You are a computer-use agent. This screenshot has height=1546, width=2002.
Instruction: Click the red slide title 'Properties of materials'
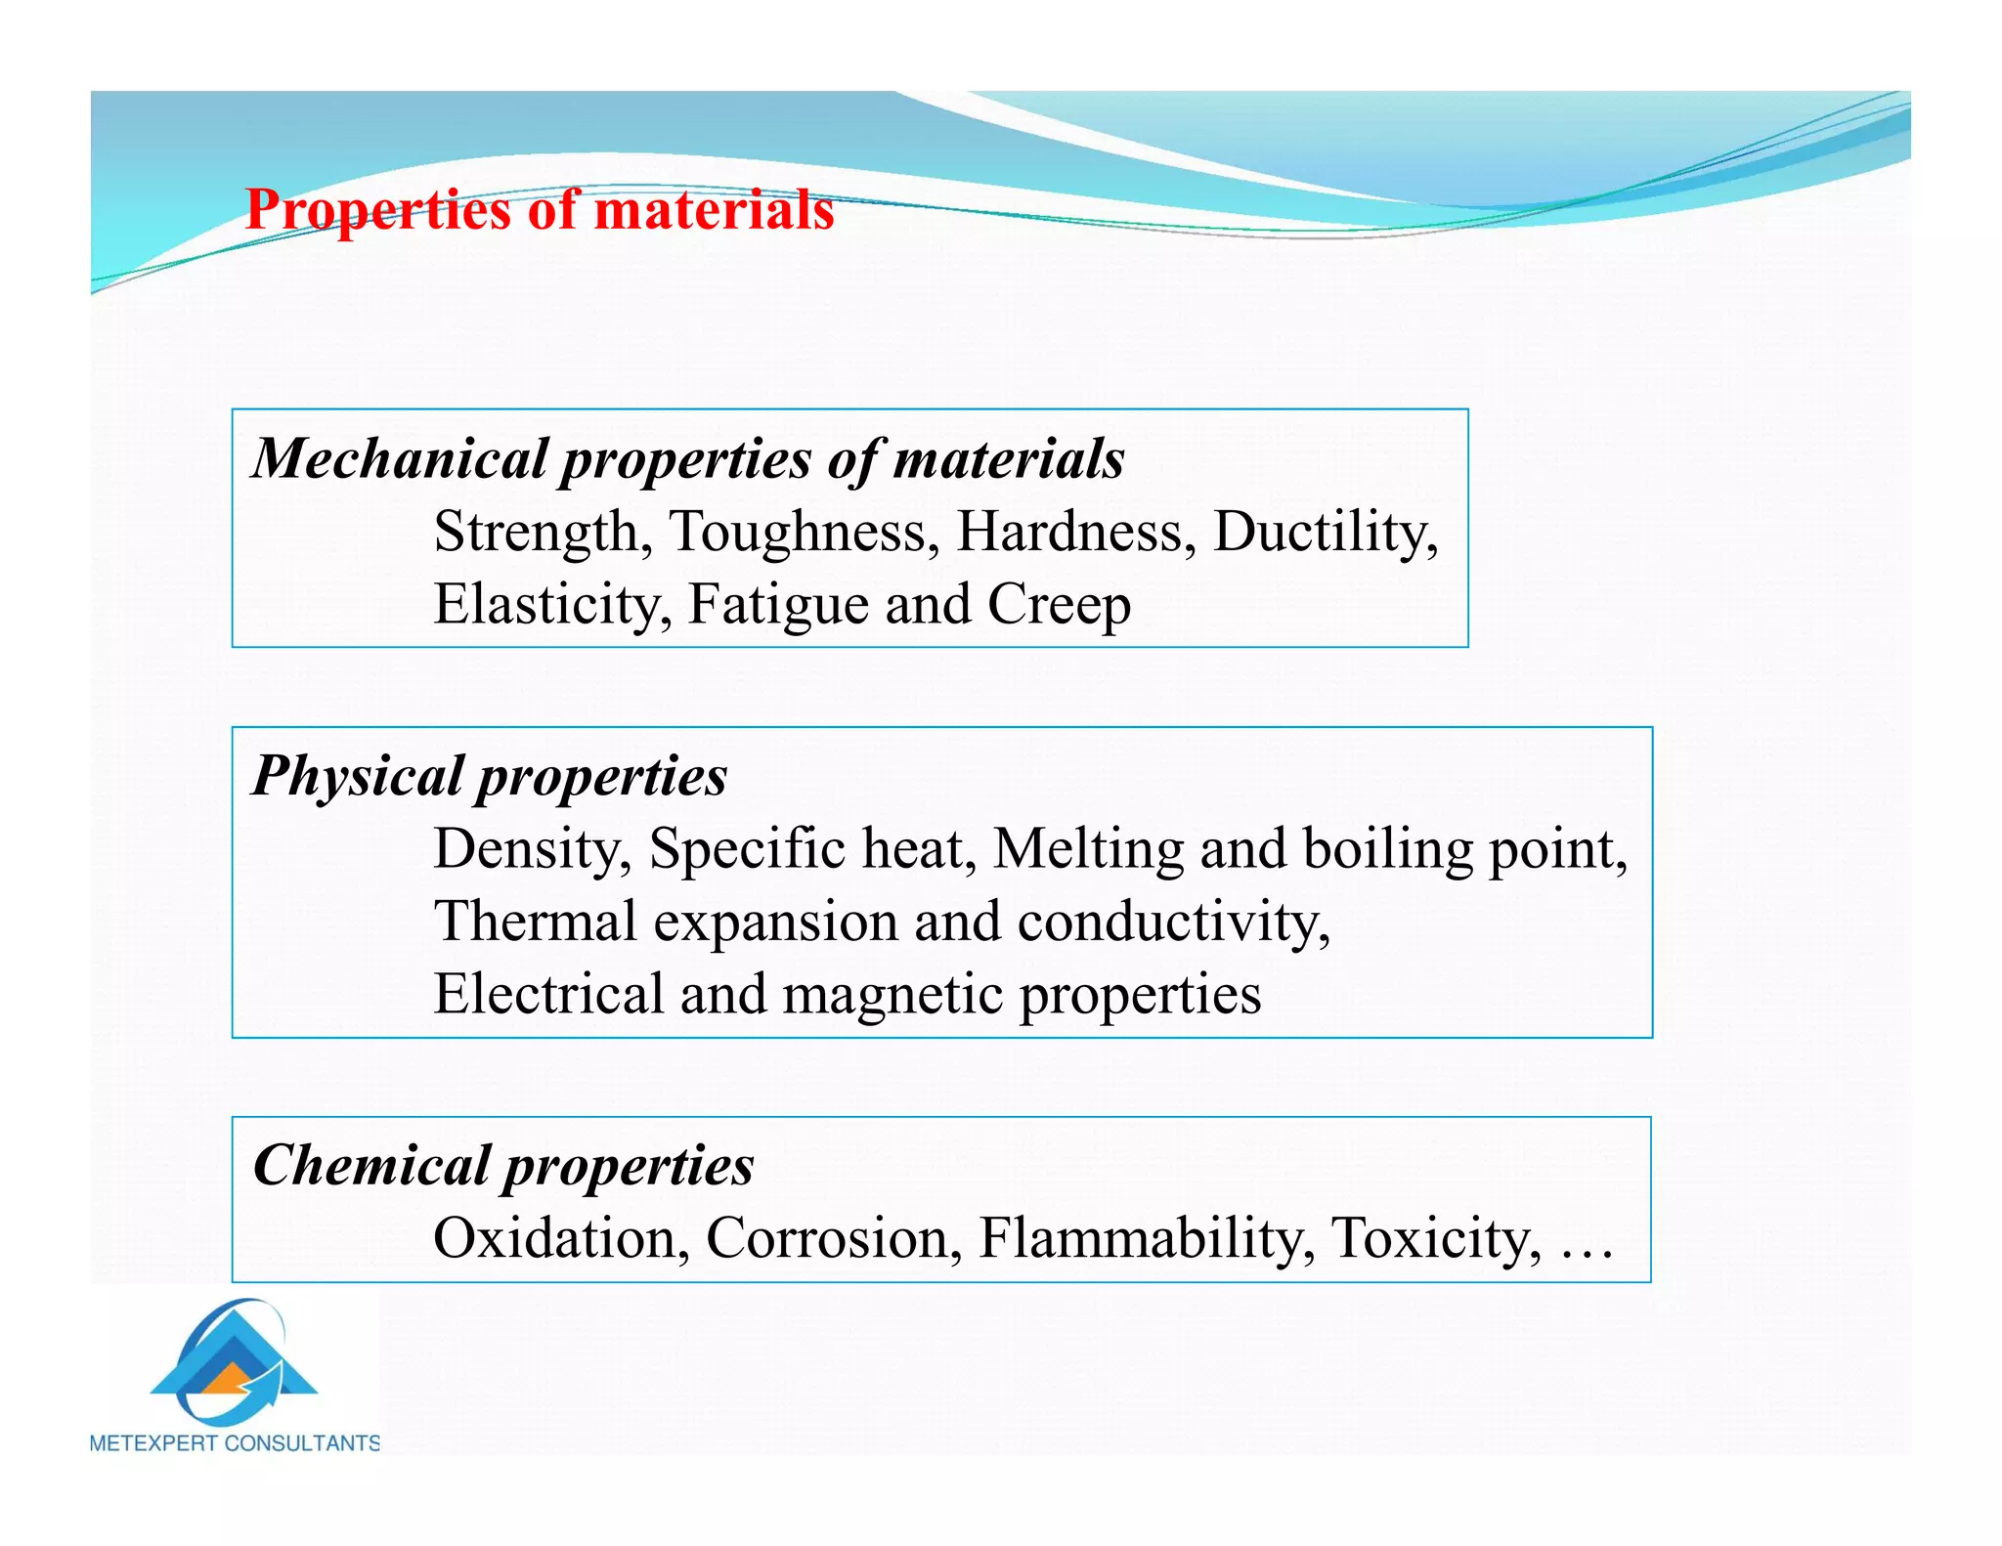[540, 210]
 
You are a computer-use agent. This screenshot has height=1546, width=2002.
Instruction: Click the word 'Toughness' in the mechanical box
[803, 533]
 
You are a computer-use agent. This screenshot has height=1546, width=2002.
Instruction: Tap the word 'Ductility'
[1324, 533]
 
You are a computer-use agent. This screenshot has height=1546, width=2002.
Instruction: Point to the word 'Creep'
[1059, 605]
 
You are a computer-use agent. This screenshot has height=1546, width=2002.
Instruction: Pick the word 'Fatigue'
[778, 605]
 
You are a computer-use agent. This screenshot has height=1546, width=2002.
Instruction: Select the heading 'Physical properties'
[490, 777]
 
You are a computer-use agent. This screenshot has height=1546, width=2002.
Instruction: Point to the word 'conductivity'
[1172, 922]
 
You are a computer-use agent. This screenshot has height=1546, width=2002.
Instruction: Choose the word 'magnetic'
[892, 995]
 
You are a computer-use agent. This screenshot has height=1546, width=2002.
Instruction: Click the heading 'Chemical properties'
[503, 1166]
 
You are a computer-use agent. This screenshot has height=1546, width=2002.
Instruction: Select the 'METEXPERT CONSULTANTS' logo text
[235, 1443]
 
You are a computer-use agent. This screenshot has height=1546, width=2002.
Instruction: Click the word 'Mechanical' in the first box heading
[400, 458]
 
